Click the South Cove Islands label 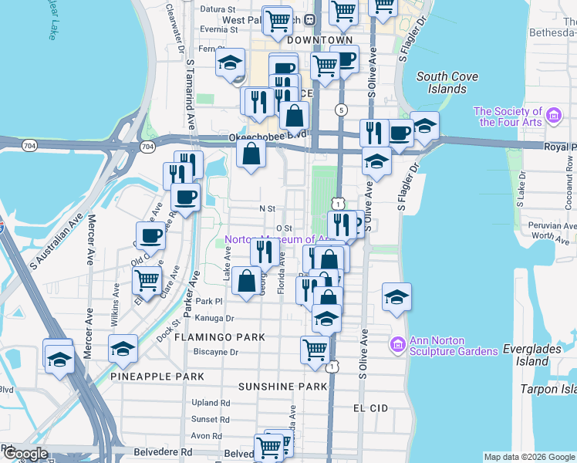(447, 83)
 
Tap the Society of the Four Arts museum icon (552, 117)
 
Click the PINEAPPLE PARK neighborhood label (157, 376)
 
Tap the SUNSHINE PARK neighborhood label (283, 386)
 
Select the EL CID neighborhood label (369, 407)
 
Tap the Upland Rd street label (211, 403)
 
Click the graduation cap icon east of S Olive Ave (396, 297)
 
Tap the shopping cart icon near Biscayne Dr (315, 349)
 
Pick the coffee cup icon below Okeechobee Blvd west (185, 197)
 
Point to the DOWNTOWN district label (319, 39)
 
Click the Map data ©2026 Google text (528, 457)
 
